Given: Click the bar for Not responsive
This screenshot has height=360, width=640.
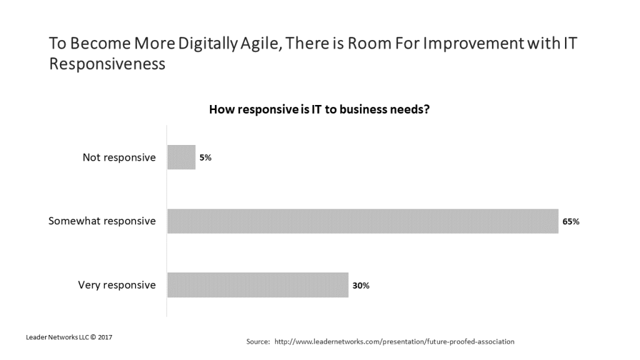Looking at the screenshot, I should pyautogui.click(x=181, y=157).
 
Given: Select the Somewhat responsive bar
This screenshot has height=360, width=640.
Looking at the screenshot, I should pyautogui.click(x=362, y=221).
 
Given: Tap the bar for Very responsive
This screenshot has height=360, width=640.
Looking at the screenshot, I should pyautogui.click(x=257, y=285).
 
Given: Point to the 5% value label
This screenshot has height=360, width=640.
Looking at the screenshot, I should pyautogui.click(x=206, y=158).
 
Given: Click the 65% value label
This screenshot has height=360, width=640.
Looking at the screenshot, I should pyautogui.click(x=571, y=221).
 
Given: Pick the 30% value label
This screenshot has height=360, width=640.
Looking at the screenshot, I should pyautogui.click(x=361, y=286).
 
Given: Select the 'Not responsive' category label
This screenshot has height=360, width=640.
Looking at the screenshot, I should pyautogui.click(x=119, y=157).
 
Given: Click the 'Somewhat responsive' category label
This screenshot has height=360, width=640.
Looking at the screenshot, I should pyautogui.click(x=102, y=221).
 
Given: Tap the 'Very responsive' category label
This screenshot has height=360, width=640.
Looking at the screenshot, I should pyautogui.click(x=117, y=285).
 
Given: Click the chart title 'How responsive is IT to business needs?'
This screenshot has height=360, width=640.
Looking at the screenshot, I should pyautogui.click(x=319, y=109).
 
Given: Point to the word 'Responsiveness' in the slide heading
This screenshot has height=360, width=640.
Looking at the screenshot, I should pyautogui.click(x=107, y=64).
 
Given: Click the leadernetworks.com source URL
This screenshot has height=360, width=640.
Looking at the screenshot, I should pyautogui.click(x=394, y=342).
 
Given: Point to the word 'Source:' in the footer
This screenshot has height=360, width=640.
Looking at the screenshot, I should pyautogui.click(x=258, y=342).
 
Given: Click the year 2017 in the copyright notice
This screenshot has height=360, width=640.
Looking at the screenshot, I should pyautogui.click(x=104, y=337).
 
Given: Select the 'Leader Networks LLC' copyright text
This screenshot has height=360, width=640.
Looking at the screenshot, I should pyautogui.click(x=56, y=337).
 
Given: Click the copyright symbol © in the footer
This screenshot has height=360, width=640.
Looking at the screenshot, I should pyautogui.click(x=92, y=337).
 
